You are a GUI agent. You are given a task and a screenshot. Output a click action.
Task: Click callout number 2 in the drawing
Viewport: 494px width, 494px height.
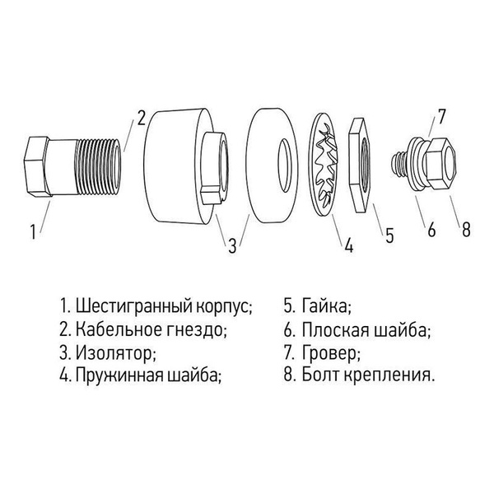click(x=142, y=118)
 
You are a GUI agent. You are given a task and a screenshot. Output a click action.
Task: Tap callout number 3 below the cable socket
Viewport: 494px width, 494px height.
click(x=232, y=245)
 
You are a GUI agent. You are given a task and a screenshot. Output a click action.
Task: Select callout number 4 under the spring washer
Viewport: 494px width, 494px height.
click(x=348, y=245)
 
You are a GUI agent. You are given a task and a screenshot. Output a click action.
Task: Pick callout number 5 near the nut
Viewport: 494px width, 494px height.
click(x=389, y=234)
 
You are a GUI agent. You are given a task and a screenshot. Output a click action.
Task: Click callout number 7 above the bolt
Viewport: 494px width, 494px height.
click(x=441, y=118)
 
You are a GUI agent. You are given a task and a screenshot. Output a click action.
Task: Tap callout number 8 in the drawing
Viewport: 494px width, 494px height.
click(x=466, y=230)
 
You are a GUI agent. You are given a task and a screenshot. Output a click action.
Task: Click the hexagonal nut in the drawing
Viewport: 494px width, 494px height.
click(x=361, y=165)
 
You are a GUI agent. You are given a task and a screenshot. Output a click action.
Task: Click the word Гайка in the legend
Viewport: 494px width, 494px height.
click(x=324, y=308)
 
